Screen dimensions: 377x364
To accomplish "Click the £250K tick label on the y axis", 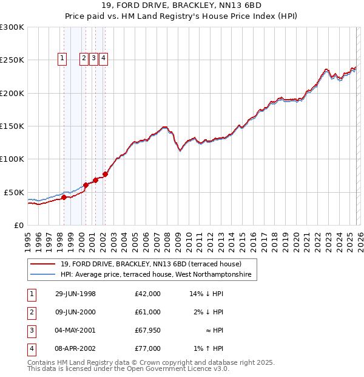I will point(12,60).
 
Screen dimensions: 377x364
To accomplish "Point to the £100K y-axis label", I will point(12,159).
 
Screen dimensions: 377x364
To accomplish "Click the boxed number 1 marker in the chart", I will point(62,58).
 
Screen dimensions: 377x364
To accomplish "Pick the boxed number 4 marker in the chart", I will point(104,58).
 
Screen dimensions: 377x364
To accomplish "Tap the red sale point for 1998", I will point(64,197).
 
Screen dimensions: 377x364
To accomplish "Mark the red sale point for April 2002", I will point(105,174).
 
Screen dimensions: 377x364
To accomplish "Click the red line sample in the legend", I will point(42,264).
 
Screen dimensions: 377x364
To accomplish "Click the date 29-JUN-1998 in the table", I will point(75,294).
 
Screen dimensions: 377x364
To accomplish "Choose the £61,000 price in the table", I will point(147,312).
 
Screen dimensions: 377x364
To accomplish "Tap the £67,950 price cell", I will point(147,330).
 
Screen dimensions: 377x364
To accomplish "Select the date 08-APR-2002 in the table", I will point(75,348).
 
